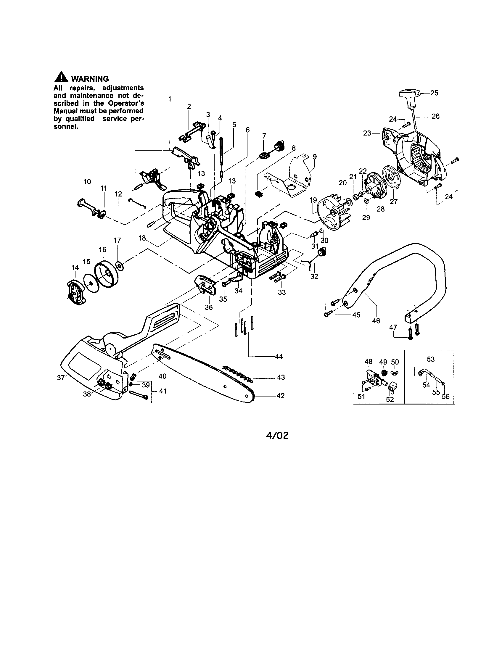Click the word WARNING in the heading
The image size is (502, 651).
90,79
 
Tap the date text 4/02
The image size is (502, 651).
277,436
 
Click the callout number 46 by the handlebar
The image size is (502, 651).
376,321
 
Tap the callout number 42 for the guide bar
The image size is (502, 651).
281,396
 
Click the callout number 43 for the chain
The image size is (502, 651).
281,377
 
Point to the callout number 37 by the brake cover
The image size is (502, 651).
61,378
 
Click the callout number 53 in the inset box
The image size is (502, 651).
431,359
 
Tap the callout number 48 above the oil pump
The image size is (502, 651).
369,362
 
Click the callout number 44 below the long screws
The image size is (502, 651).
279,357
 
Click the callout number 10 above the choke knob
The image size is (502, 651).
87,181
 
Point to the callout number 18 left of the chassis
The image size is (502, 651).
142,238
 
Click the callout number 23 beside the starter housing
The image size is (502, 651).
367,133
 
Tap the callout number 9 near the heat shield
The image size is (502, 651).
315,156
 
